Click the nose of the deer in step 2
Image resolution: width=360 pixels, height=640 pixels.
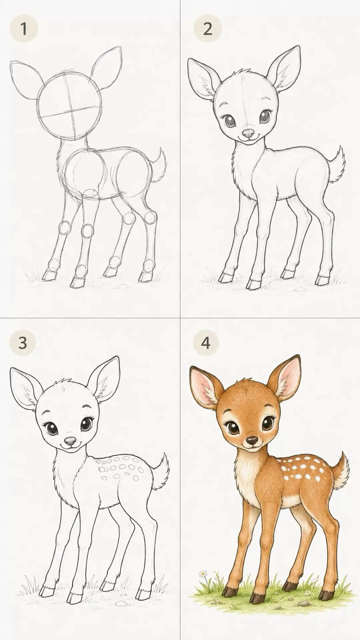point(248,133)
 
